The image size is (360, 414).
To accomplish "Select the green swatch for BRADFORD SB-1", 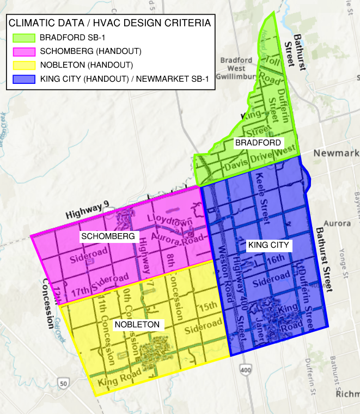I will [23, 38].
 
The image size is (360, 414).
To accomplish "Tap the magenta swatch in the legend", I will [23, 52].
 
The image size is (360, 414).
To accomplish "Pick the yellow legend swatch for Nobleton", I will [23, 65].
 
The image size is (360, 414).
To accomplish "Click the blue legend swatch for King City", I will [23, 79].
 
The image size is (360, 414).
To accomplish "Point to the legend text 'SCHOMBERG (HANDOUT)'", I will [90, 52].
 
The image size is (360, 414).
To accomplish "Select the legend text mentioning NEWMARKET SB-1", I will [124, 79].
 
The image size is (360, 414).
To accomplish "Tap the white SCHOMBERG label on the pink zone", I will [107, 236].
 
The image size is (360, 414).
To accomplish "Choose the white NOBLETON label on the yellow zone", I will [137, 325].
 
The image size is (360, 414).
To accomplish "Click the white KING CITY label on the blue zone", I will [268, 245].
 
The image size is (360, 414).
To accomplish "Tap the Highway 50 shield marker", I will [64, 384].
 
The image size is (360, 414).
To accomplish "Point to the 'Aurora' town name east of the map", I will [333, 224].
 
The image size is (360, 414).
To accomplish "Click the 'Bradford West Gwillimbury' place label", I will [236, 69].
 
